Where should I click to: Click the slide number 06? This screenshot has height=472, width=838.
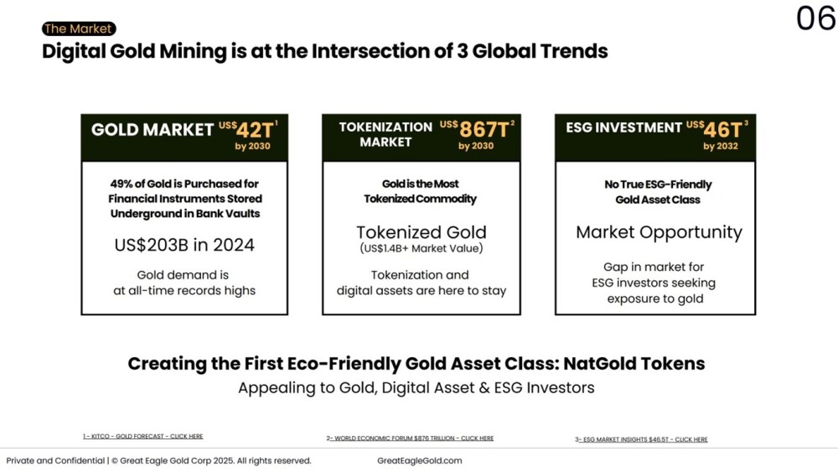(816, 18)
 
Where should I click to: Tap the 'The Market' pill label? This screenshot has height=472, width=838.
(79, 29)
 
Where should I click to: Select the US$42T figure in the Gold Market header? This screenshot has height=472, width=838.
(249, 129)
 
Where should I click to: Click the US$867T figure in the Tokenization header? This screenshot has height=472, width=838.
(478, 129)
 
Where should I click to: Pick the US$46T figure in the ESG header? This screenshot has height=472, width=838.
(717, 129)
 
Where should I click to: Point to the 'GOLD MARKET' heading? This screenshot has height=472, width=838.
(153, 129)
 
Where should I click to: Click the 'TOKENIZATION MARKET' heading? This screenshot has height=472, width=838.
(385, 135)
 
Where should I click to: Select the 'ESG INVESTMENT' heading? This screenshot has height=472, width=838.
(623, 127)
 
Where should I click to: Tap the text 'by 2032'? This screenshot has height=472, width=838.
(721, 147)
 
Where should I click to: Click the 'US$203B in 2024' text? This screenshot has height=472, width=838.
(184, 245)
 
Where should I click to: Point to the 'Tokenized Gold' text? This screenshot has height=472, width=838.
(422, 232)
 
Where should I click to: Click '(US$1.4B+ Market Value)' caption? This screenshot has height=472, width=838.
(422, 248)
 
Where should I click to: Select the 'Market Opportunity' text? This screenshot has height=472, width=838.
(659, 232)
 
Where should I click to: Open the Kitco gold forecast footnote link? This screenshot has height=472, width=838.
(143, 436)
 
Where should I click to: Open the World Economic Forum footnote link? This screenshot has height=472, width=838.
(410, 438)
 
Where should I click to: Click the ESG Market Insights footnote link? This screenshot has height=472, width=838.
(641, 439)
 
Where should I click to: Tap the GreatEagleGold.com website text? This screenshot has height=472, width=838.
(420, 461)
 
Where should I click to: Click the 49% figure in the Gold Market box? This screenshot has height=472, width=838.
(122, 184)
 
